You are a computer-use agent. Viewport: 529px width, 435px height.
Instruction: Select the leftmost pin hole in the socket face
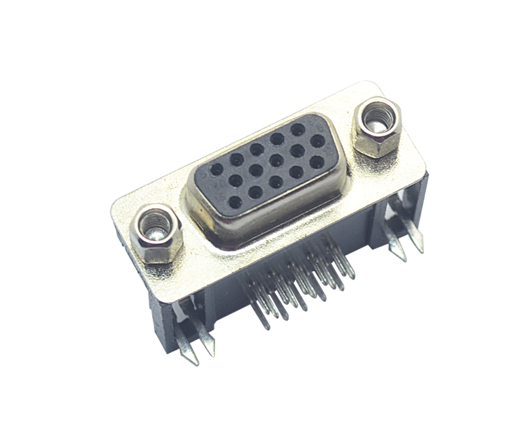tap(216, 169)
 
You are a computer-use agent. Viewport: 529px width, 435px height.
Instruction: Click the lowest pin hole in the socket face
tap(234, 201)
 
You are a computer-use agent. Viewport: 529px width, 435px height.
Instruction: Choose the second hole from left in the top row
tap(236, 159)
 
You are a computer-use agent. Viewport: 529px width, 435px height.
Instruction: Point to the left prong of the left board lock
tap(187, 348)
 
